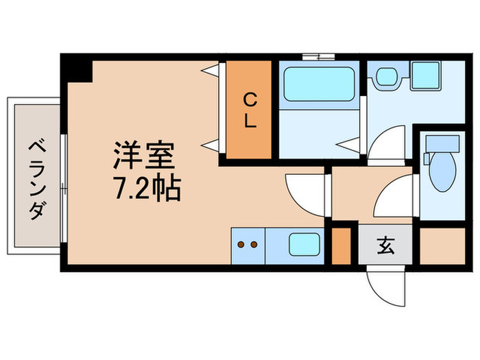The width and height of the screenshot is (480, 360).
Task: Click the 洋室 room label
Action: pos(144,157)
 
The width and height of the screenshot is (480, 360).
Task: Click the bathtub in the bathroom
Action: pos(318,83)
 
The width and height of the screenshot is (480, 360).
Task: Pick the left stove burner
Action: pos(241,243)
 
